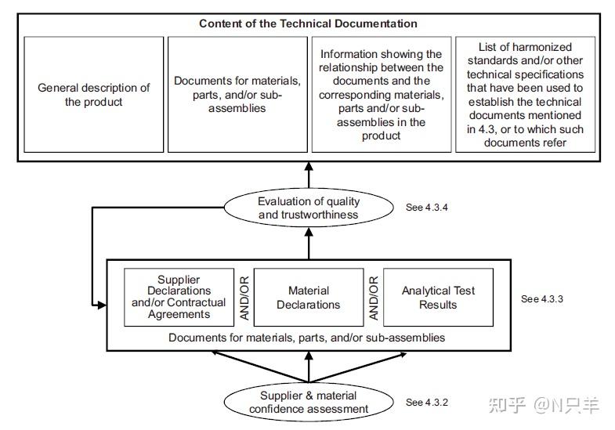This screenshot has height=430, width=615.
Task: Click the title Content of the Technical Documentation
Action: [x=308, y=23]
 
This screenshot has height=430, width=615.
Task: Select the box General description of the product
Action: [x=94, y=95]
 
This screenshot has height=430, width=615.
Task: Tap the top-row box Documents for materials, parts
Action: [x=237, y=95]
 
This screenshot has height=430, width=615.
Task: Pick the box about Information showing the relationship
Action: [x=381, y=95]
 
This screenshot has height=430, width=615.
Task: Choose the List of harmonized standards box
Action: [x=524, y=95]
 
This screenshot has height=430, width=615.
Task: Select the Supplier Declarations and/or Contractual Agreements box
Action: [x=179, y=297]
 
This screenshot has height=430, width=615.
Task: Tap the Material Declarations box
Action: [x=308, y=297]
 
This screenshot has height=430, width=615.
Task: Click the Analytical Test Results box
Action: [x=438, y=297]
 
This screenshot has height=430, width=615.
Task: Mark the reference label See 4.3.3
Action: [x=542, y=299]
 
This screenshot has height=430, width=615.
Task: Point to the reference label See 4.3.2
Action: [x=427, y=403]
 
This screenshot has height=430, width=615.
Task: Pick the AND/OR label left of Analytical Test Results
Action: [x=373, y=298]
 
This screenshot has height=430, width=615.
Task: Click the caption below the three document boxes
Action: [x=307, y=338]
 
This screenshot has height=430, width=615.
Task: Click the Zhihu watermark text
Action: [x=544, y=405]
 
